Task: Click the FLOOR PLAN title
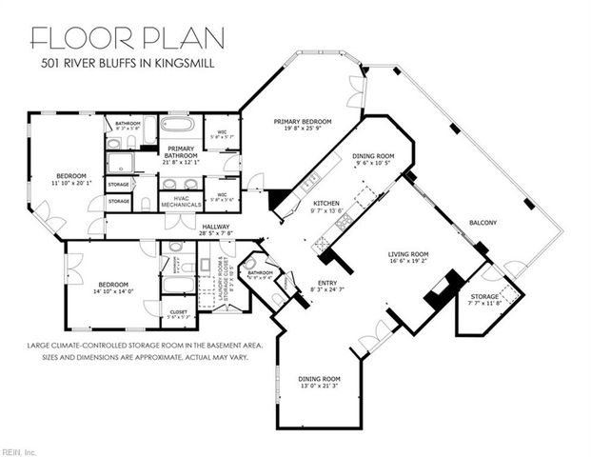[128, 38]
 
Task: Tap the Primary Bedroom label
[302, 122]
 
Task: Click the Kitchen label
[326, 204]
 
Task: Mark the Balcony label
[483, 223]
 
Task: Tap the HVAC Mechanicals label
[180, 201]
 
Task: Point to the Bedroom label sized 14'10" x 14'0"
[110, 284]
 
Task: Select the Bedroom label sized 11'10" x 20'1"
[70, 176]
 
